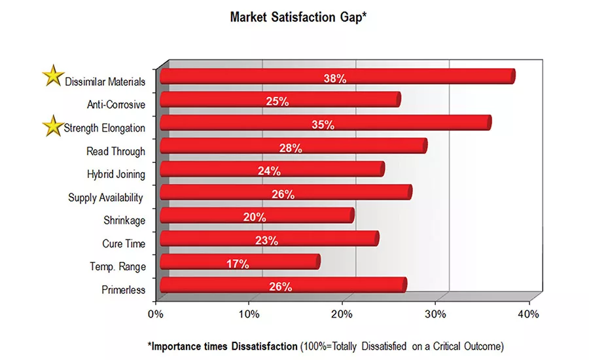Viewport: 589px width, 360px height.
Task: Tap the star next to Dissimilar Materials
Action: pyautogui.click(x=52, y=76)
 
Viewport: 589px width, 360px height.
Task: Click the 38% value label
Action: pyautogui.click(x=334, y=79)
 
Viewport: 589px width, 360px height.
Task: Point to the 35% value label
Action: pyautogui.click(x=323, y=125)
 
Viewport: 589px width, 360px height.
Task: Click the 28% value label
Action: pyautogui.click(x=291, y=149)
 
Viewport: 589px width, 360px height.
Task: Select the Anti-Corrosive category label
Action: pyautogui.click(x=116, y=104)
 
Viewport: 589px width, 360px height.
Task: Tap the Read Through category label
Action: pyautogui.click(x=116, y=151)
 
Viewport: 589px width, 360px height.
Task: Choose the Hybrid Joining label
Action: pyautogui.click(x=116, y=174)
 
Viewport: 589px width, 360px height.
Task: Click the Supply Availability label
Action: pyautogui.click(x=106, y=197)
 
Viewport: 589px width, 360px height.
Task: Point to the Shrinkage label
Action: pyautogui.click(x=124, y=221)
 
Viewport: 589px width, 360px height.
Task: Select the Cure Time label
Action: pyautogui.click(x=124, y=243)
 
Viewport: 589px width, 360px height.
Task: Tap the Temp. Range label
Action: pyautogui.click(x=118, y=266)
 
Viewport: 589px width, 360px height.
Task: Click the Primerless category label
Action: pyautogui.click(x=123, y=290)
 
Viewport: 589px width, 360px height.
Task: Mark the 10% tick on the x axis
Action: pyautogui.click(x=249, y=314)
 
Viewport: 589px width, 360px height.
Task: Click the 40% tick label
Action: pyautogui.click(x=528, y=314)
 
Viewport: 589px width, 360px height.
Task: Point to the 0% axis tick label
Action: pyautogui.click(x=156, y=314)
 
